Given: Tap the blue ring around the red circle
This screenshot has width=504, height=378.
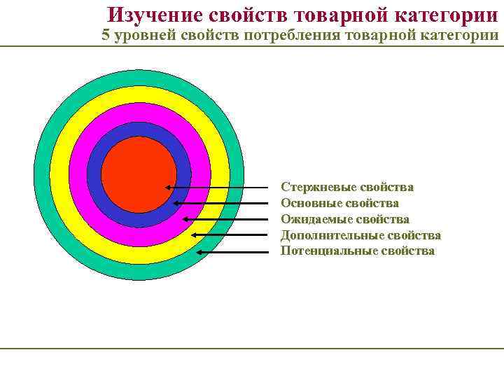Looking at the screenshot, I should click(x=139, y=130).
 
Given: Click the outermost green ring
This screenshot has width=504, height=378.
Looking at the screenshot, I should click(x=139, y=78).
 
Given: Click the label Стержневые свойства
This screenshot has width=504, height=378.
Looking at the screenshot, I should click(x=346, y=187).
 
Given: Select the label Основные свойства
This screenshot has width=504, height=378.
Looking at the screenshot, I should click(x=339, y=203).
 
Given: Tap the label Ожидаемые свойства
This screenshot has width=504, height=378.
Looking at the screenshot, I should click(x=344, y=219).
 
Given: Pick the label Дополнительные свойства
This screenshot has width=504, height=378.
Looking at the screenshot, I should click(x=360, y=235).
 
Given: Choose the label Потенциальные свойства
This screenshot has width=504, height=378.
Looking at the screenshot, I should click(x=357, y=251).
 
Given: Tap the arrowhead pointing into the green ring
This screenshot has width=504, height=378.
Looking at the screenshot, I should click(x=200, y=251).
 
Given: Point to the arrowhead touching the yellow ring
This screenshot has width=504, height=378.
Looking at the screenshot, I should click(x=194, y=235).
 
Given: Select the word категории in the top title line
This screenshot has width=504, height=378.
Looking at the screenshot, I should click(x=444, y=14).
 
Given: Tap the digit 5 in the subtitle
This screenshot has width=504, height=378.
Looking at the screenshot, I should click(x=106, y=36).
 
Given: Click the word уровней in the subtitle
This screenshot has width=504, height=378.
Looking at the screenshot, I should click(x=143, y=36).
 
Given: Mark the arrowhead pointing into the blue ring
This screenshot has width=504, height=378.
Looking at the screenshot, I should click(x=176, y=203).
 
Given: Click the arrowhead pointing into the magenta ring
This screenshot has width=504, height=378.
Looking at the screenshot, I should click(x=185, y=219).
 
